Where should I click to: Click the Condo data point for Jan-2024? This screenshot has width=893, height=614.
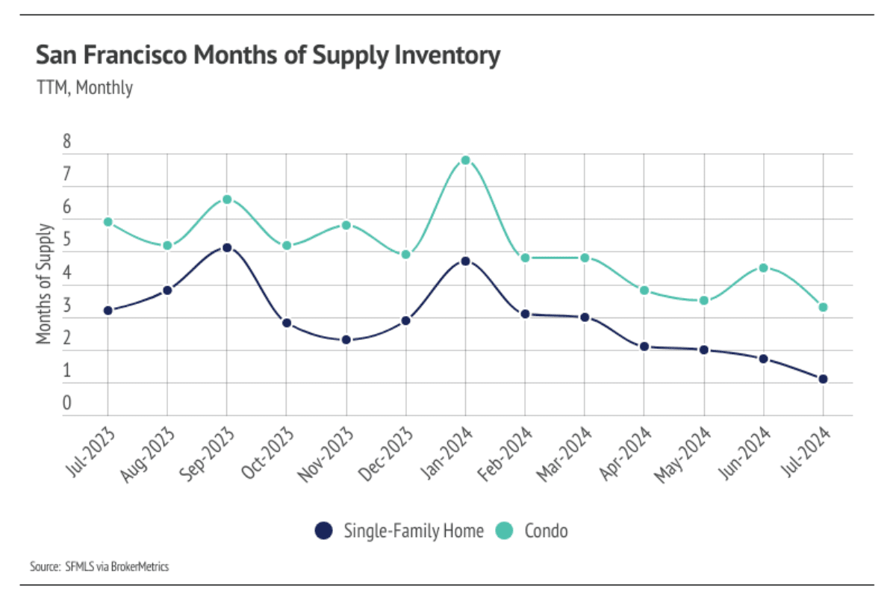[x=465, y=160]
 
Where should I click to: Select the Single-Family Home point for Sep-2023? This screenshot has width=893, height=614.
[x=227, y=247]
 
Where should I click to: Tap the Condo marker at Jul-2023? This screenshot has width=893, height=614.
[x=108, y=222]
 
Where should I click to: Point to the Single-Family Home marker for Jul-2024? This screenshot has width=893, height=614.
[x=823, y=379]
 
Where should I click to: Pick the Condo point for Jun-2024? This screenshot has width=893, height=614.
[x=763, y=267]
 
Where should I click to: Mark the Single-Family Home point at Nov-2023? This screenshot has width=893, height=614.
[x=346, y=340]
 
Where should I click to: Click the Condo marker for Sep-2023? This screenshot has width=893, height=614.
[x=227, y=199]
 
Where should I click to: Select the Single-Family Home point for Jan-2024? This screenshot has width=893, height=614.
[x=465, y=261]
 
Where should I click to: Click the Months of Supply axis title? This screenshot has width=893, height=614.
[x=46, y=283]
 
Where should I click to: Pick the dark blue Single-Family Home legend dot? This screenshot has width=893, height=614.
[x=323, y=530]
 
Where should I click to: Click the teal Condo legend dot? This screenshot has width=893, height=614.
[x=505, y=530]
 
